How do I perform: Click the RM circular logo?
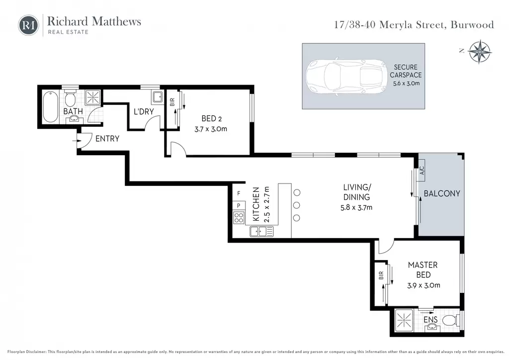(x=28, y=25)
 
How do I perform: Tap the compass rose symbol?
(x=480, y=52)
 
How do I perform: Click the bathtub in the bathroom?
(x=51, y=107)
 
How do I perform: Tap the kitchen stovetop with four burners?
(x=239, y=217)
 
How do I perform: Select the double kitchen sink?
(x=261, y=231)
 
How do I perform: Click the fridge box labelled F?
(x=239, y=193)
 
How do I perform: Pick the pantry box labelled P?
(x=239, y=205)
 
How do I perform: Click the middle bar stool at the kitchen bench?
(x=296, y=205)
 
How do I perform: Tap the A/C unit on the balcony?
(x=422, y=171)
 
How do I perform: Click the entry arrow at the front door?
(x=77, y=141)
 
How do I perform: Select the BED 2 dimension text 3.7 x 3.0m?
(x=211, y=129)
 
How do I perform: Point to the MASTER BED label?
(x=423, y=270)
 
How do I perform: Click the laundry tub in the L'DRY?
(x=158, y=97)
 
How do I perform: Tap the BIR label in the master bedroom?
(x=381, y=275)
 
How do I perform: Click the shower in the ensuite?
(x=404, y=320)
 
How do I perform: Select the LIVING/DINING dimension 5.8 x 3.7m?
(x=356, y=207)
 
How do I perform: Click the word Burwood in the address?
(x=472, y=25)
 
